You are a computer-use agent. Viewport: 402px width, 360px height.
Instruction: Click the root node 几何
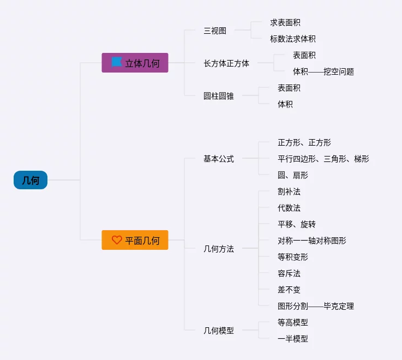tap(31, 180)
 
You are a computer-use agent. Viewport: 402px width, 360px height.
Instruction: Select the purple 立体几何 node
tap(135, 63)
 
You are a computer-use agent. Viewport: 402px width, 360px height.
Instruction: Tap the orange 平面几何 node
tap(135, 240)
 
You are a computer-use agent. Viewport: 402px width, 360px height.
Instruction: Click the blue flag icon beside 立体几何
tap(117, 62)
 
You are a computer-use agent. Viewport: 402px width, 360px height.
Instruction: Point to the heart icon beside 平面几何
tap(117, 240)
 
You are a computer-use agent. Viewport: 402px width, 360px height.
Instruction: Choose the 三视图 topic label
tap(215, 31)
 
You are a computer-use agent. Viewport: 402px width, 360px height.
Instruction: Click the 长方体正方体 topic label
tap(226, 63)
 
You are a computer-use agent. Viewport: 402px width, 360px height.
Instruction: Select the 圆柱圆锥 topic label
tap(219, 96)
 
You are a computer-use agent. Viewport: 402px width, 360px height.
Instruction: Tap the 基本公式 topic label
tap(219, 159)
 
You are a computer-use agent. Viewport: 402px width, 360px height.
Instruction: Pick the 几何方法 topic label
tap(219, 249)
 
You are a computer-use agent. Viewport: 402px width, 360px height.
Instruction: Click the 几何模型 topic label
tap(219, 331)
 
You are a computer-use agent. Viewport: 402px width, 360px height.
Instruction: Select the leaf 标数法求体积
tap(292, 39)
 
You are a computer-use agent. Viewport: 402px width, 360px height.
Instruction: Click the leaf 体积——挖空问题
tap(323, 71)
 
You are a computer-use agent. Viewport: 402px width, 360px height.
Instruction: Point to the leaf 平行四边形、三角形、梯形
tap(323, 159)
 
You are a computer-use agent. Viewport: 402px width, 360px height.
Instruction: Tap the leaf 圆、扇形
tap(293, 175)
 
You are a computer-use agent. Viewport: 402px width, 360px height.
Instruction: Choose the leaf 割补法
tap(289, 191)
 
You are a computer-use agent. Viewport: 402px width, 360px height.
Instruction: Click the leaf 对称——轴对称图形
tap(312, 241)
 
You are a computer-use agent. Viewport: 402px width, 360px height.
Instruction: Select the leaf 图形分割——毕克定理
tap(316, 306)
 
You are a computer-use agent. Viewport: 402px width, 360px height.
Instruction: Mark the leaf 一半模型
tap(293, 339)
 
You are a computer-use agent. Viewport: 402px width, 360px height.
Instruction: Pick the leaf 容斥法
tap(289, 273)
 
